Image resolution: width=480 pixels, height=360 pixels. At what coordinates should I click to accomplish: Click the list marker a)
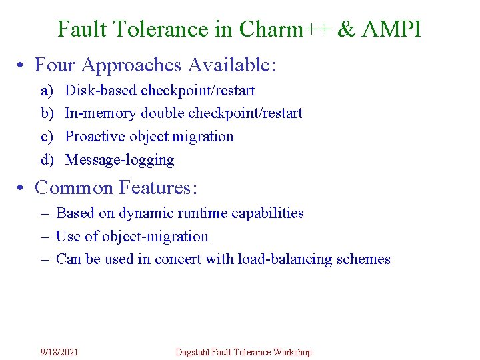pyautogui.click(x=47, y=90)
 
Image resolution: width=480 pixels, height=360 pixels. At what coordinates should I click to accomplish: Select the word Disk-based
pyautogui.click(x=101, y=90)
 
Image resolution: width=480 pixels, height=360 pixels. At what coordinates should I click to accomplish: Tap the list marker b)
pyautogui.click(x=47, y=113)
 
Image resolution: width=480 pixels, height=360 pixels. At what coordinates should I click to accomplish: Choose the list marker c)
pyautogui.click(x=47, y=137)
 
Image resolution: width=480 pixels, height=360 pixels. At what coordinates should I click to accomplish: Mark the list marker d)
pyautogui.click(x=47, y=160)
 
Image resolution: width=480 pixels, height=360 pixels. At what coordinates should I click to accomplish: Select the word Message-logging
pyautogui.click(x=119, y=160)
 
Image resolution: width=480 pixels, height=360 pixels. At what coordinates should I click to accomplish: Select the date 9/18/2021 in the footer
pyautogui.click(x=59, y=352)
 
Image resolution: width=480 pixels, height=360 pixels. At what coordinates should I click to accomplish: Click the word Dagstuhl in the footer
pyautogui.click(x=192, y=352)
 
